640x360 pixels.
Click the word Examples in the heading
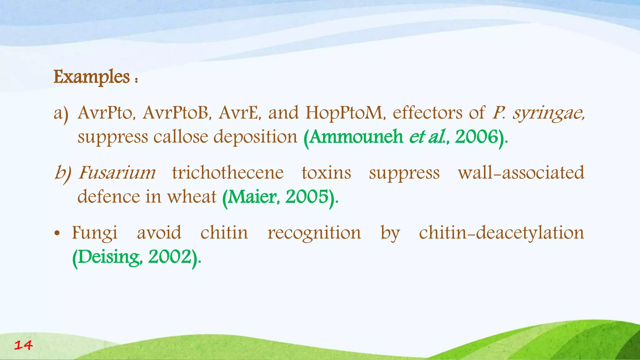point(92,77)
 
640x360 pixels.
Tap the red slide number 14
point(23,345)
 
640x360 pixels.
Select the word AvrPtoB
point(176,113)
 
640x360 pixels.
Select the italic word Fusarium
point(117,172)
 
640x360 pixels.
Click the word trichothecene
point(228,172)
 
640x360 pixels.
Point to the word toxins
point(326,172)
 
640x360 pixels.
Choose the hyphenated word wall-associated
point(521,172)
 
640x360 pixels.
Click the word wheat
point(192,197)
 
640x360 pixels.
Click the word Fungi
point(95,233)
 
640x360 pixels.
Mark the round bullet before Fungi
point(57,234)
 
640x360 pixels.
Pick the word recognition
point(314,233)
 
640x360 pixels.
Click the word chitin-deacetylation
point(501,233)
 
